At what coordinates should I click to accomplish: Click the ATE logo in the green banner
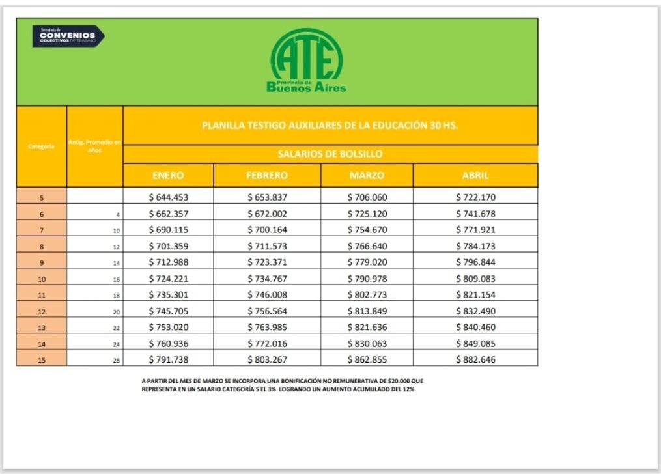pos(306,61)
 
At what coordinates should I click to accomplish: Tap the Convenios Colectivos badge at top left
pos(68,36)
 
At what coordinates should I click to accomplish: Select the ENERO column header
pos(168,175)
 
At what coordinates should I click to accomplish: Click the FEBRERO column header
pos(267,175)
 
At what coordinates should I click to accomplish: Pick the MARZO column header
pos(367,175)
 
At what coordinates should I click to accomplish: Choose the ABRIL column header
pos(475,175)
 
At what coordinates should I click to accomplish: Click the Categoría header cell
pos(41,146)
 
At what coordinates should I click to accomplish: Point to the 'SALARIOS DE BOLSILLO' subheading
pos(330,154)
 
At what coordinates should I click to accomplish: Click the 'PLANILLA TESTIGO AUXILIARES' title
pos(330,125)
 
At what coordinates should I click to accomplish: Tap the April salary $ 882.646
pos(475,359)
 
